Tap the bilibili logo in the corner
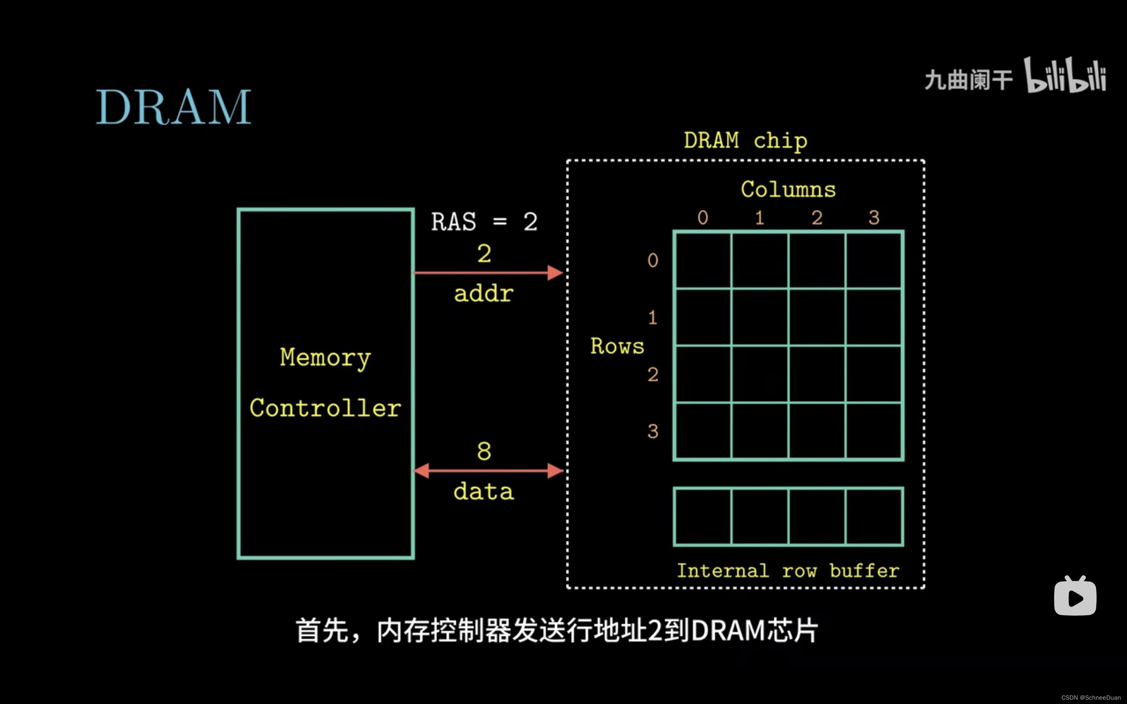1065,75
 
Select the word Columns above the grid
788,190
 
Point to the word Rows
617,347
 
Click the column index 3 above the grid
874,217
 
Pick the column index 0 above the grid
703,217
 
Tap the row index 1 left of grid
652,318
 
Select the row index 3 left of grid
652,431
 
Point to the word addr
484,294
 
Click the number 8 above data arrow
484,451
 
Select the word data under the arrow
484,492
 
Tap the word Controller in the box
325,408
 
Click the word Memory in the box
325,357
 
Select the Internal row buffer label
788,571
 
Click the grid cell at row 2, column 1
760,374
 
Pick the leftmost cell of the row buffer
703,516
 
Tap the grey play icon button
1075,597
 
